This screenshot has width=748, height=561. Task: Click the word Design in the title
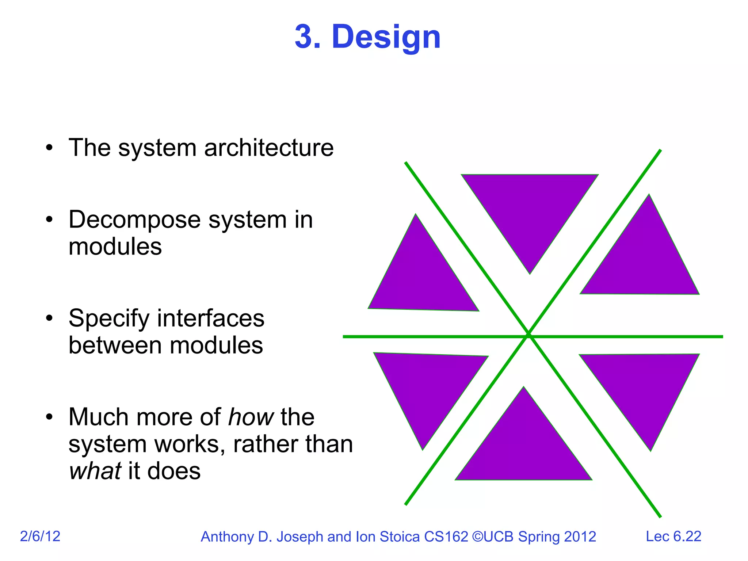(386, 37)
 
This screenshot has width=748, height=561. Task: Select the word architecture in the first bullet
(269, 148)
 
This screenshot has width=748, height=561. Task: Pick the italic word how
(251, 417)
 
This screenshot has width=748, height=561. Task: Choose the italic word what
(95, 471)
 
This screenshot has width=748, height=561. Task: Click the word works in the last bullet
(190, 444)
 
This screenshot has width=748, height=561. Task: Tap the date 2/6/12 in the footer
(40, 536)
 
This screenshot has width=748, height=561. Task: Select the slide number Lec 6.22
(673, 536)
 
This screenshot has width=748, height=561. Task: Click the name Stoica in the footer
(400, 537)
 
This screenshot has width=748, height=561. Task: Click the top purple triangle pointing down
(530, 208)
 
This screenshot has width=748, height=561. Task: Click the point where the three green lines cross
(528, 336)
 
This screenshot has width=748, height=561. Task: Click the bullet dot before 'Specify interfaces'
(49, 318)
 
